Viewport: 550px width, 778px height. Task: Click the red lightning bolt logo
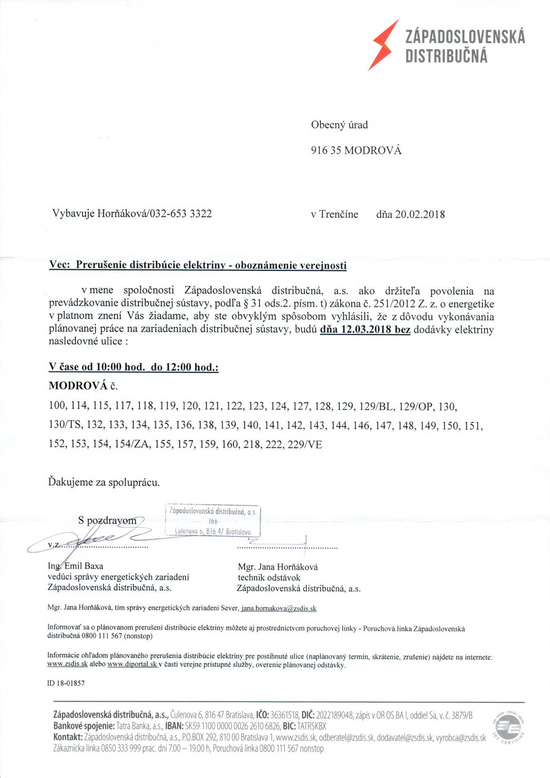coord(383,45)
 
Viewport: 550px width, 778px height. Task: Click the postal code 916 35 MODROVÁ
coord(356,150)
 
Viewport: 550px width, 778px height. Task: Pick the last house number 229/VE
coord(304,445)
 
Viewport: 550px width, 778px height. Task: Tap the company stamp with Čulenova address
coord(213,520)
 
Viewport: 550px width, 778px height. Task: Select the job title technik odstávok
coord(269,577)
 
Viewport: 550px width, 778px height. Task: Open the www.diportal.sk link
coord(132,665)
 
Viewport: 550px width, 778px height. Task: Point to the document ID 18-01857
coord(66,683)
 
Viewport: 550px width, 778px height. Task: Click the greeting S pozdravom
coord(107,521)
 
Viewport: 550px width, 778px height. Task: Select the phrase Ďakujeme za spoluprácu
coord(104,482)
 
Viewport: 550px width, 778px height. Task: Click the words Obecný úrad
coord(339,125)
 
